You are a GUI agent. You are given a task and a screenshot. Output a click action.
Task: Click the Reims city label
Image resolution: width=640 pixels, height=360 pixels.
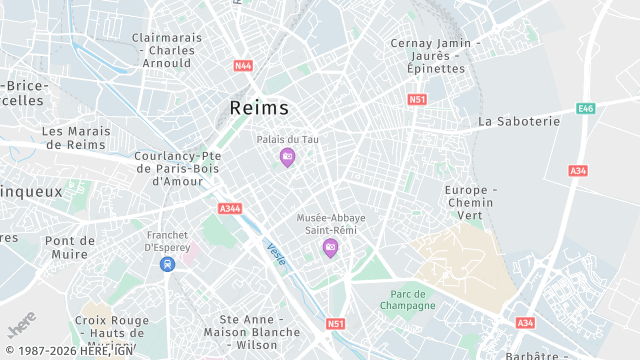tap(259, 108)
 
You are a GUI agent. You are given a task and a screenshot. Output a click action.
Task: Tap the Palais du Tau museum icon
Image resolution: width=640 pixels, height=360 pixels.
tap(287, 157)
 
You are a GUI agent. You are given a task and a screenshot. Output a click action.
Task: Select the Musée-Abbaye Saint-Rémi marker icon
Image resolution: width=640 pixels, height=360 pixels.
tap(330, 247)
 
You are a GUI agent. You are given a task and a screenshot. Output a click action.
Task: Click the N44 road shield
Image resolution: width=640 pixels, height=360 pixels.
tap(243, 66)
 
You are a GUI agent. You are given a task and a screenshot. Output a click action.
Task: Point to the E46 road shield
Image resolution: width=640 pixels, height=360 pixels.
tap(586, 108)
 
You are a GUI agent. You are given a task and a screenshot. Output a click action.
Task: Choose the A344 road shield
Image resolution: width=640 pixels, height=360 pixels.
tap(229, 209)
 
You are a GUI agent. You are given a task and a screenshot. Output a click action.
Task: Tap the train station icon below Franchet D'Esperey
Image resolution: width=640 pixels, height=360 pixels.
tap(167, 263)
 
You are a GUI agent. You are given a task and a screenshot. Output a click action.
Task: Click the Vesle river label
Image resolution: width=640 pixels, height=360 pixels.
tap(276, 255)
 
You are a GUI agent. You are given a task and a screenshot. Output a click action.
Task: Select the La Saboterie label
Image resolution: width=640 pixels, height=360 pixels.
tap(519, 121)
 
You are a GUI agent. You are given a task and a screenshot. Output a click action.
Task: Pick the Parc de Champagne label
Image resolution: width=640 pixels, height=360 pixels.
tap(408, 299)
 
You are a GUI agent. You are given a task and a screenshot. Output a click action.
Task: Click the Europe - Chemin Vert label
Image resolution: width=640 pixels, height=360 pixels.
tap(471, 202)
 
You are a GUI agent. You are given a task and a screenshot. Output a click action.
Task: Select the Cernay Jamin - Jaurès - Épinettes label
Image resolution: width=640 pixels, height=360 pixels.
tap(436, 56)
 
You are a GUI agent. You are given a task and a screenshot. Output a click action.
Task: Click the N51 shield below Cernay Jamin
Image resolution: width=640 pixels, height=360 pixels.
tap(417, 99)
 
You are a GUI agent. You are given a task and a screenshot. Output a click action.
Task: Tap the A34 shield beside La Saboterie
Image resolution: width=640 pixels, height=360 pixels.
tap(578, 171)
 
